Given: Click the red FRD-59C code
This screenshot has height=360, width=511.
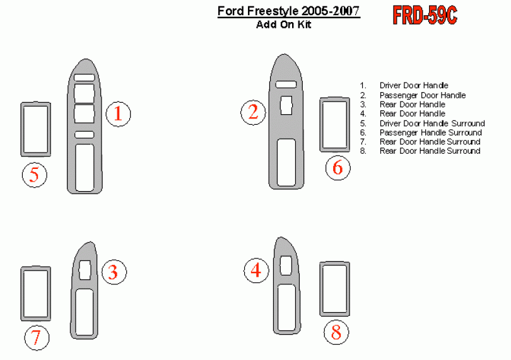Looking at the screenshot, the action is [425, 15].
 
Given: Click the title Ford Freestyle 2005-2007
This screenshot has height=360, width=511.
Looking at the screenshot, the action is [288, 11].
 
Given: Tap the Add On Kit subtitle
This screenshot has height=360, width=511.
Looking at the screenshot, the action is [283, 25].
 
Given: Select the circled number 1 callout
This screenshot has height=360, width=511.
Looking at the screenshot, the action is [119, 113].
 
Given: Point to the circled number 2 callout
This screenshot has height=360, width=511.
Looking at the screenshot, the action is [253, 112].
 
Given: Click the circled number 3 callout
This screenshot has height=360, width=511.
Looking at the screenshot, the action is [114, 272].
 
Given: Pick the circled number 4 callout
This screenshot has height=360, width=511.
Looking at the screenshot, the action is [257, 270].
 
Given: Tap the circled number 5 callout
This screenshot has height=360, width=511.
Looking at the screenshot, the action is [35, 175].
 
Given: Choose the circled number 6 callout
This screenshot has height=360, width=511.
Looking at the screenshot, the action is [338, 168].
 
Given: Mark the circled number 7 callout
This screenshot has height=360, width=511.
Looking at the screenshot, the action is [37, 338].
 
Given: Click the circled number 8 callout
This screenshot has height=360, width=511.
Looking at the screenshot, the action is [336, 333].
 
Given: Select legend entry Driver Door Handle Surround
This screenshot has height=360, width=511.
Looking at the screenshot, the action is [432, 124].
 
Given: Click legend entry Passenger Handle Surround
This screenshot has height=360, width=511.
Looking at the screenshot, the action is [430, 132].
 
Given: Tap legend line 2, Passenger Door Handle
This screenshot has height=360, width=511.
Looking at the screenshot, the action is [422, 95].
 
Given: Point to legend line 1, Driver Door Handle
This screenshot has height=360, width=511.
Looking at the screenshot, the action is [414, 85].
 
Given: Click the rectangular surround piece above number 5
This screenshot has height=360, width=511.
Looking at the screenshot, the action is [22, 129].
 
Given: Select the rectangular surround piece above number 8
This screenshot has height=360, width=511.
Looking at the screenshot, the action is [321, 289].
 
